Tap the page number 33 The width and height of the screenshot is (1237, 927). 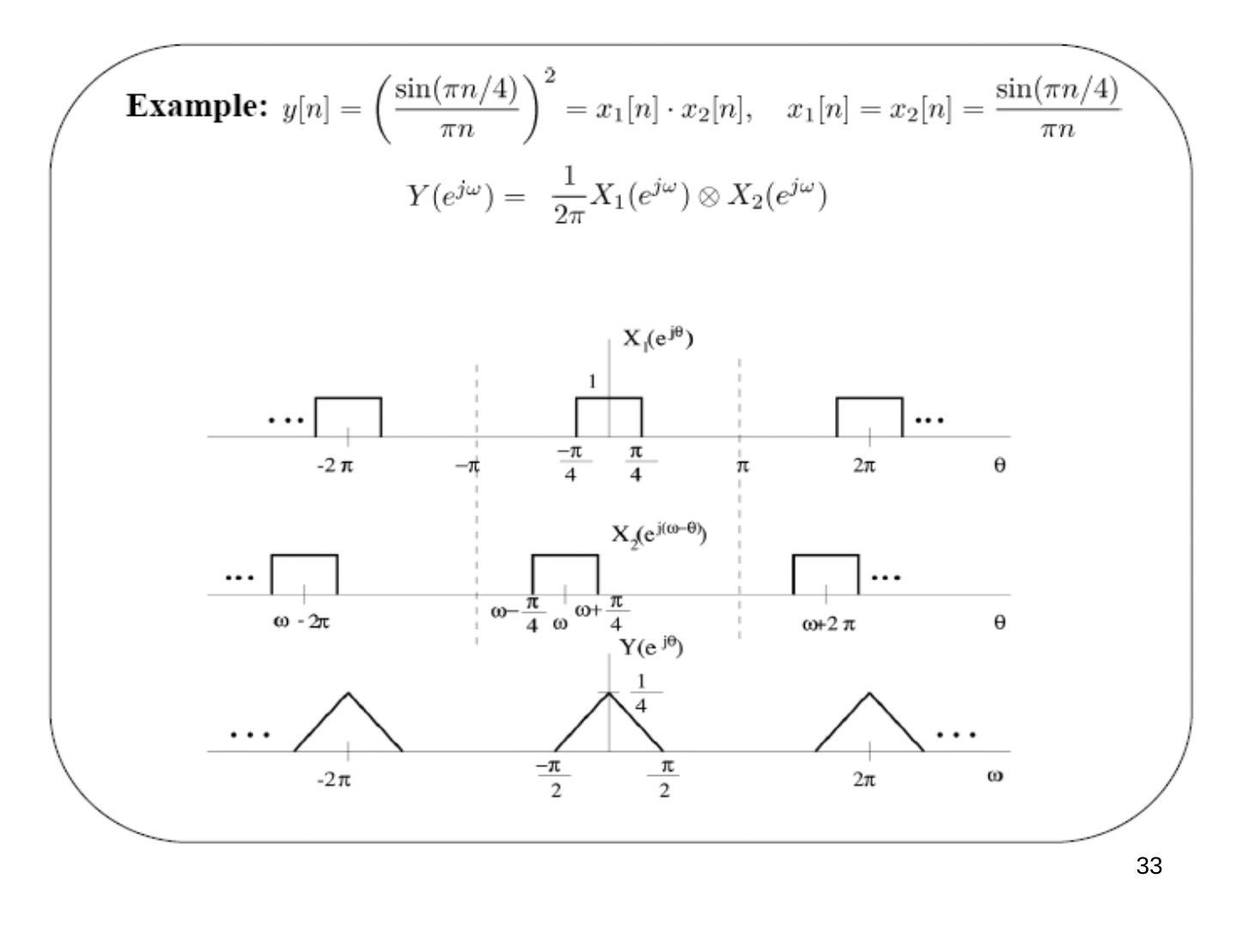(1149, 866)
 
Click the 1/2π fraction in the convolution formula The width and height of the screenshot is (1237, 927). (569, 196)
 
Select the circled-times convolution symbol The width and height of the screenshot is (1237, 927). (709, 197)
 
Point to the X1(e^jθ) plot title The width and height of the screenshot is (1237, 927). (658, 339)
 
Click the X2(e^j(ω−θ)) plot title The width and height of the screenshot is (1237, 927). (659, 534)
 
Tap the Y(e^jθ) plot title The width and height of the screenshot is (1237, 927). (651, 647)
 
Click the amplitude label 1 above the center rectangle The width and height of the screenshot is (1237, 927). (592, 382)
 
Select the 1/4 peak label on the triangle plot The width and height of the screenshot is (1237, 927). (641, 694)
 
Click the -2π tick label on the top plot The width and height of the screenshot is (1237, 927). (335, 466)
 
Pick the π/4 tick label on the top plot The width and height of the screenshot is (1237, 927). (636, 463)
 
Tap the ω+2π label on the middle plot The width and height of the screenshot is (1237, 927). (828, 625)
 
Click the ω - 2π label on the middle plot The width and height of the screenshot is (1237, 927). (302, 622)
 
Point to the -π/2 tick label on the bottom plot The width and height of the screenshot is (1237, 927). (553, 779)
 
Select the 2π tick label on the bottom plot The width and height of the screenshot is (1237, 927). (864, 779)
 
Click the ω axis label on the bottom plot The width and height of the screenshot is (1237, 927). (995, 776)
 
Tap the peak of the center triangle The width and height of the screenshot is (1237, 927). (609, 693)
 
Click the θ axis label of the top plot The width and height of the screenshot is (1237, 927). (999, 465)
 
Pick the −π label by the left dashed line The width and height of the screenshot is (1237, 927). (468, 466)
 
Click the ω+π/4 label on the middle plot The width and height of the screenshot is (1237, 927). (602, 612)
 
